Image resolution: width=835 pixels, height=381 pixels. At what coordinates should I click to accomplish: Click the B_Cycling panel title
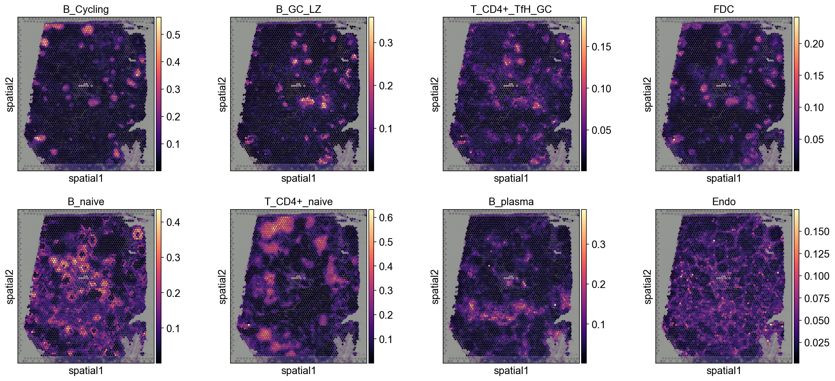click(x=86, y=9)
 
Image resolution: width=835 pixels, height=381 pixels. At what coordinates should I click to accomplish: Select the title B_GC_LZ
click(x=298, y=9)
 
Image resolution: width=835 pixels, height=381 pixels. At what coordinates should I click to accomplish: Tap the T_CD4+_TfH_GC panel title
click(x=511, y=9)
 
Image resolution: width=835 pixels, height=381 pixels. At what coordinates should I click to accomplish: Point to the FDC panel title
click(x=724, y=9)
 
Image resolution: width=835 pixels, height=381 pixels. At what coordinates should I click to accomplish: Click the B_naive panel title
click(x=86, y=202)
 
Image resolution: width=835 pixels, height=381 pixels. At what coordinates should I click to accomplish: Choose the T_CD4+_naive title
click(x=298, y=202)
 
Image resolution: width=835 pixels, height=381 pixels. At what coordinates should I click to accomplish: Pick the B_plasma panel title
click(x=511, y=202)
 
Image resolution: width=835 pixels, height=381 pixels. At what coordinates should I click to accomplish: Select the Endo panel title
click(x=724, y=202)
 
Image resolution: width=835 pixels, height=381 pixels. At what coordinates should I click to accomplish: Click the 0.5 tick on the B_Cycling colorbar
click(x=173, y=35)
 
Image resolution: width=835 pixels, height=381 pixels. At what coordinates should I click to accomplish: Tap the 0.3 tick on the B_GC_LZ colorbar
click(x=386, y=43)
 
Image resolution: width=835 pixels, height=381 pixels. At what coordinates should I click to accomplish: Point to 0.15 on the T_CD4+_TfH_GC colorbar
click(x=601, y=47)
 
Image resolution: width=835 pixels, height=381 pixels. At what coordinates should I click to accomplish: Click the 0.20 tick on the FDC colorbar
click(x=814, y=44)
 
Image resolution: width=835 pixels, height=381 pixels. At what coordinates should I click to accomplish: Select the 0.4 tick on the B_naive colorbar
click(x=173, y=222)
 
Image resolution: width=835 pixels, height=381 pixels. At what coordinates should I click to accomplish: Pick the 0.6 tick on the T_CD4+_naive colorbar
click(x=386, y=218)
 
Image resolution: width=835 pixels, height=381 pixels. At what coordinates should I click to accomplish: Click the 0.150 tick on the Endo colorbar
click(x=817, y=232)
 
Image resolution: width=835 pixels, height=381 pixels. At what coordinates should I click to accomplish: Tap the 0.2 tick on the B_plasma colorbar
click(x=598, y=284)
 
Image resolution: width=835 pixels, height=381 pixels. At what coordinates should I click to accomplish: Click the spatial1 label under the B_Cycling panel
click(x=86, y=178)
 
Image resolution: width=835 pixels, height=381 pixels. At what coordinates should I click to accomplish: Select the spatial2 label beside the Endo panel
click(x=648, y=287)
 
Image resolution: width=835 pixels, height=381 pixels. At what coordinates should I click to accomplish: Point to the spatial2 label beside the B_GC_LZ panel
click(x=223, y=94)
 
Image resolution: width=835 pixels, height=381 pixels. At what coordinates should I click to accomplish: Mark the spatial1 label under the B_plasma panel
click(x=511, y=371)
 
